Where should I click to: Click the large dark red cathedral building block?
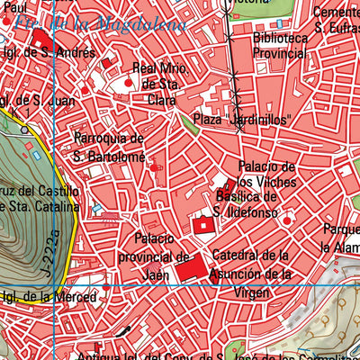click(190, 268)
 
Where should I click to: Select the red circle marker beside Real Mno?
click(128, 83)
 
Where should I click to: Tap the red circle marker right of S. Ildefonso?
click(287, 219)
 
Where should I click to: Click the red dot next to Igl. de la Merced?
click(106, 288)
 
